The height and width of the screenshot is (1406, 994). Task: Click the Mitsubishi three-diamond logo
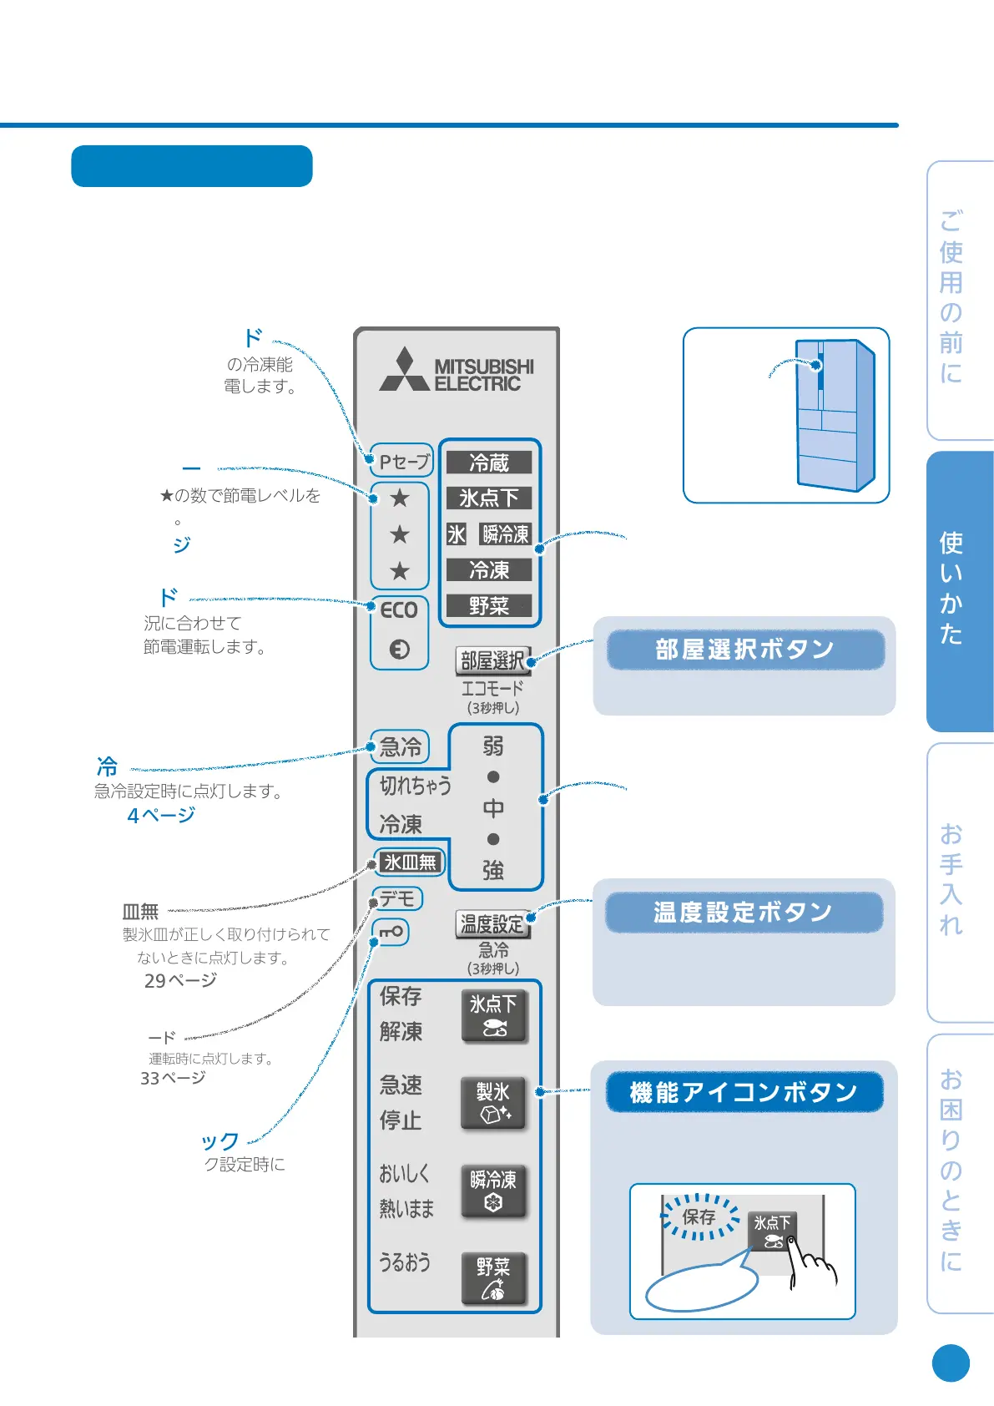pyautogui.click(x=405, y=371)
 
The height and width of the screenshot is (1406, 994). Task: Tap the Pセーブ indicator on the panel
pyautogui.click(x=403, y=461)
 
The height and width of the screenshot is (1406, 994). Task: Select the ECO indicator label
pyautogui.click(x=399, y=610)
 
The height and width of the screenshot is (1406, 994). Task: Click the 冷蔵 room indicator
pyautogui.click(x=489, y=463)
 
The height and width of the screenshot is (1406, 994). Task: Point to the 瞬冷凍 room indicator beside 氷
pyautogui.click(x=506, y=534)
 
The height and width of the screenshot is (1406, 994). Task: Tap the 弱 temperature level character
pyautogui.click(x=493, y=746)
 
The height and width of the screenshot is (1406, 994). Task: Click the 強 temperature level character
pyautogui.click(x=493, y=871)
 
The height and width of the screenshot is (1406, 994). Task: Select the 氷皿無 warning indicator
pyautogui.click(x=410, y=862)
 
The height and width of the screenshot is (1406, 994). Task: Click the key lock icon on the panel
pyautogui.click(x=391, y=931)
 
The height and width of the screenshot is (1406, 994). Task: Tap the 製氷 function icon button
pyautogui.click(x=493, y=1102)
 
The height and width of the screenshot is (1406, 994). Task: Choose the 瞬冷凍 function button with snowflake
pyautogui.click(x=493, y=1191)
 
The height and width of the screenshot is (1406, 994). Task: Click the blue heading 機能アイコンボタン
pyautogui.click(x=744, y=1092)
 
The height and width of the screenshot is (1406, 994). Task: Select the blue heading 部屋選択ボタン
pyautogui.click(x=744, y=650)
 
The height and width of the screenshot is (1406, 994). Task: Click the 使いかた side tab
pyautogui.click(x=952, y=589)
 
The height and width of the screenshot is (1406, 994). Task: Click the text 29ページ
pyautogui.click(x=180, y=980)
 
